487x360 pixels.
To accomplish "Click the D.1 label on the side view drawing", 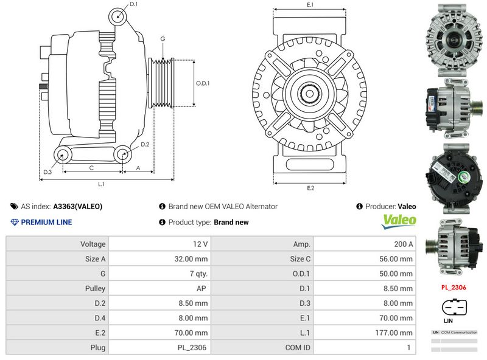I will coord(134,4).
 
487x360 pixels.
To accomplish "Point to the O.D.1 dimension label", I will coord(202,83).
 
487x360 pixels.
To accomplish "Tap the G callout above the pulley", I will coord(163,38).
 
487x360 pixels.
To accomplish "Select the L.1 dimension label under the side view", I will coord(102,184).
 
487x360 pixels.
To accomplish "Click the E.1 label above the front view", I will coord(310,5).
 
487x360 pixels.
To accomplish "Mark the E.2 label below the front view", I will coord(310,188).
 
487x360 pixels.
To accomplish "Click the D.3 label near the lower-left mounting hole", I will coord(47,173).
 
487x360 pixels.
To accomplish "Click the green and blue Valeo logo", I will coord(399,221).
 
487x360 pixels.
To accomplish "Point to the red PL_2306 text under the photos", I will coord(454,287).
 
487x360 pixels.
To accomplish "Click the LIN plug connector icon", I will coord(453,308).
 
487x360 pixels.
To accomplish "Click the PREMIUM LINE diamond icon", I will coord(15,222).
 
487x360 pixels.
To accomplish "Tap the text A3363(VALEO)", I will coord(78,206).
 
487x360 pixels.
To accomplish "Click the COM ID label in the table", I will coord(298,348).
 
